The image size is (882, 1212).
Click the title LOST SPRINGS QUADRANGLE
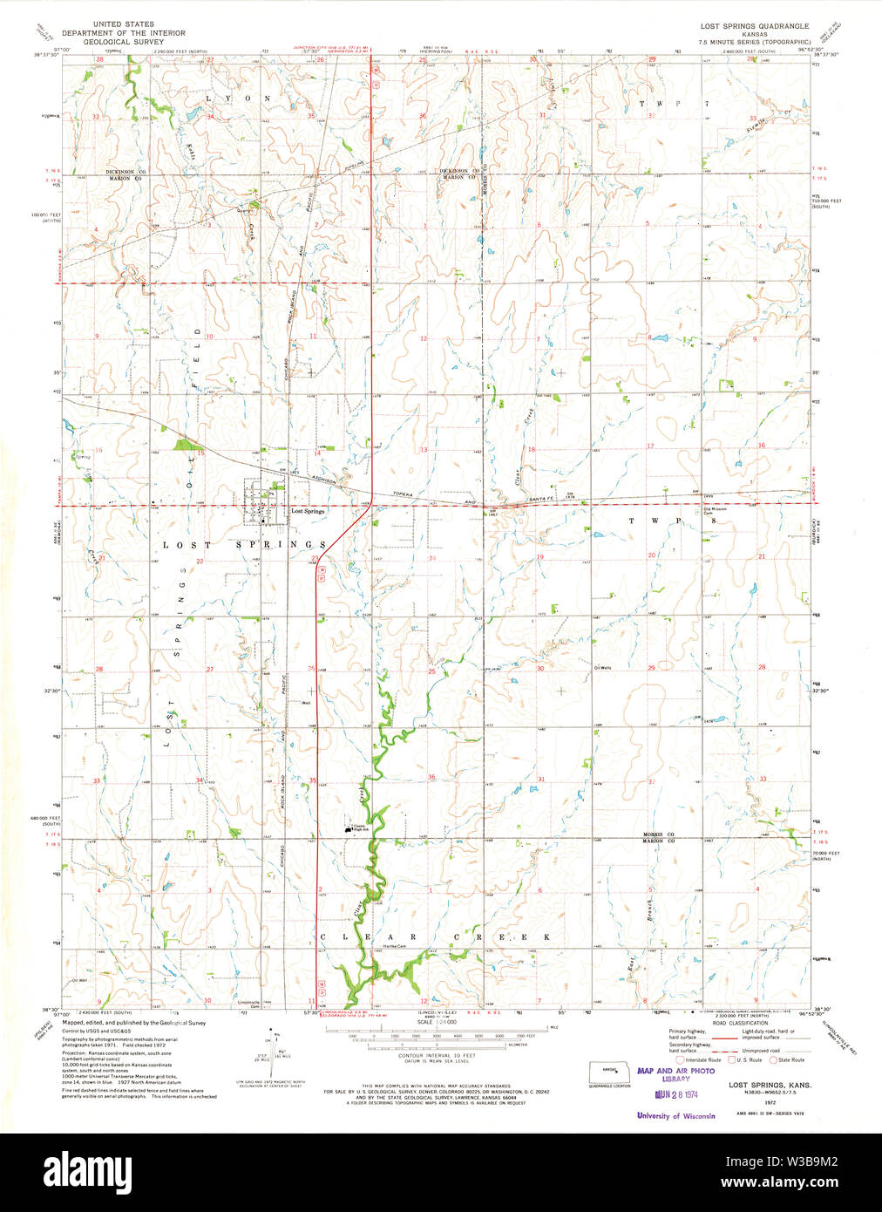pos(755,26)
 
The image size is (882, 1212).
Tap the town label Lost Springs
pos(308,512)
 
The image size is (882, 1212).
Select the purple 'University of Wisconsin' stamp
pos(676,1115)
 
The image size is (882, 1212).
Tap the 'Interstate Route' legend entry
pos(702,1059)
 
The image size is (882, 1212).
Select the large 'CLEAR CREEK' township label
pos(436,936)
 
